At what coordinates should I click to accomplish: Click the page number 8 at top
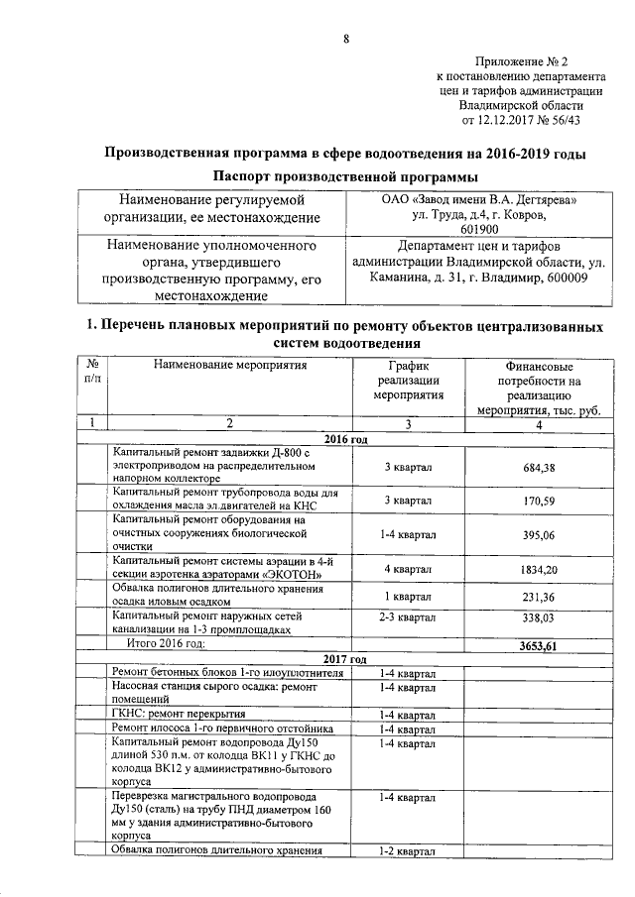[346, 39]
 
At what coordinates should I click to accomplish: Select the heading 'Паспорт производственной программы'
[345, 176]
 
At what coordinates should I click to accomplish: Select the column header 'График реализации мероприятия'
[407, 380]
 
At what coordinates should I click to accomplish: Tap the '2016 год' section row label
[346, 439]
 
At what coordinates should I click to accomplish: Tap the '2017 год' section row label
[346, 659]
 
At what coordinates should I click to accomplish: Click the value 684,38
[537, 468]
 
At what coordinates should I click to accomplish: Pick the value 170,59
[537, 501]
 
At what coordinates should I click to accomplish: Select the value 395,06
[537, 534]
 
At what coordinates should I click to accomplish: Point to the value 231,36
[537, 597]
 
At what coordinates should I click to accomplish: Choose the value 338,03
[537, 619]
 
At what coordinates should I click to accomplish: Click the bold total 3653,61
[537, 645]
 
